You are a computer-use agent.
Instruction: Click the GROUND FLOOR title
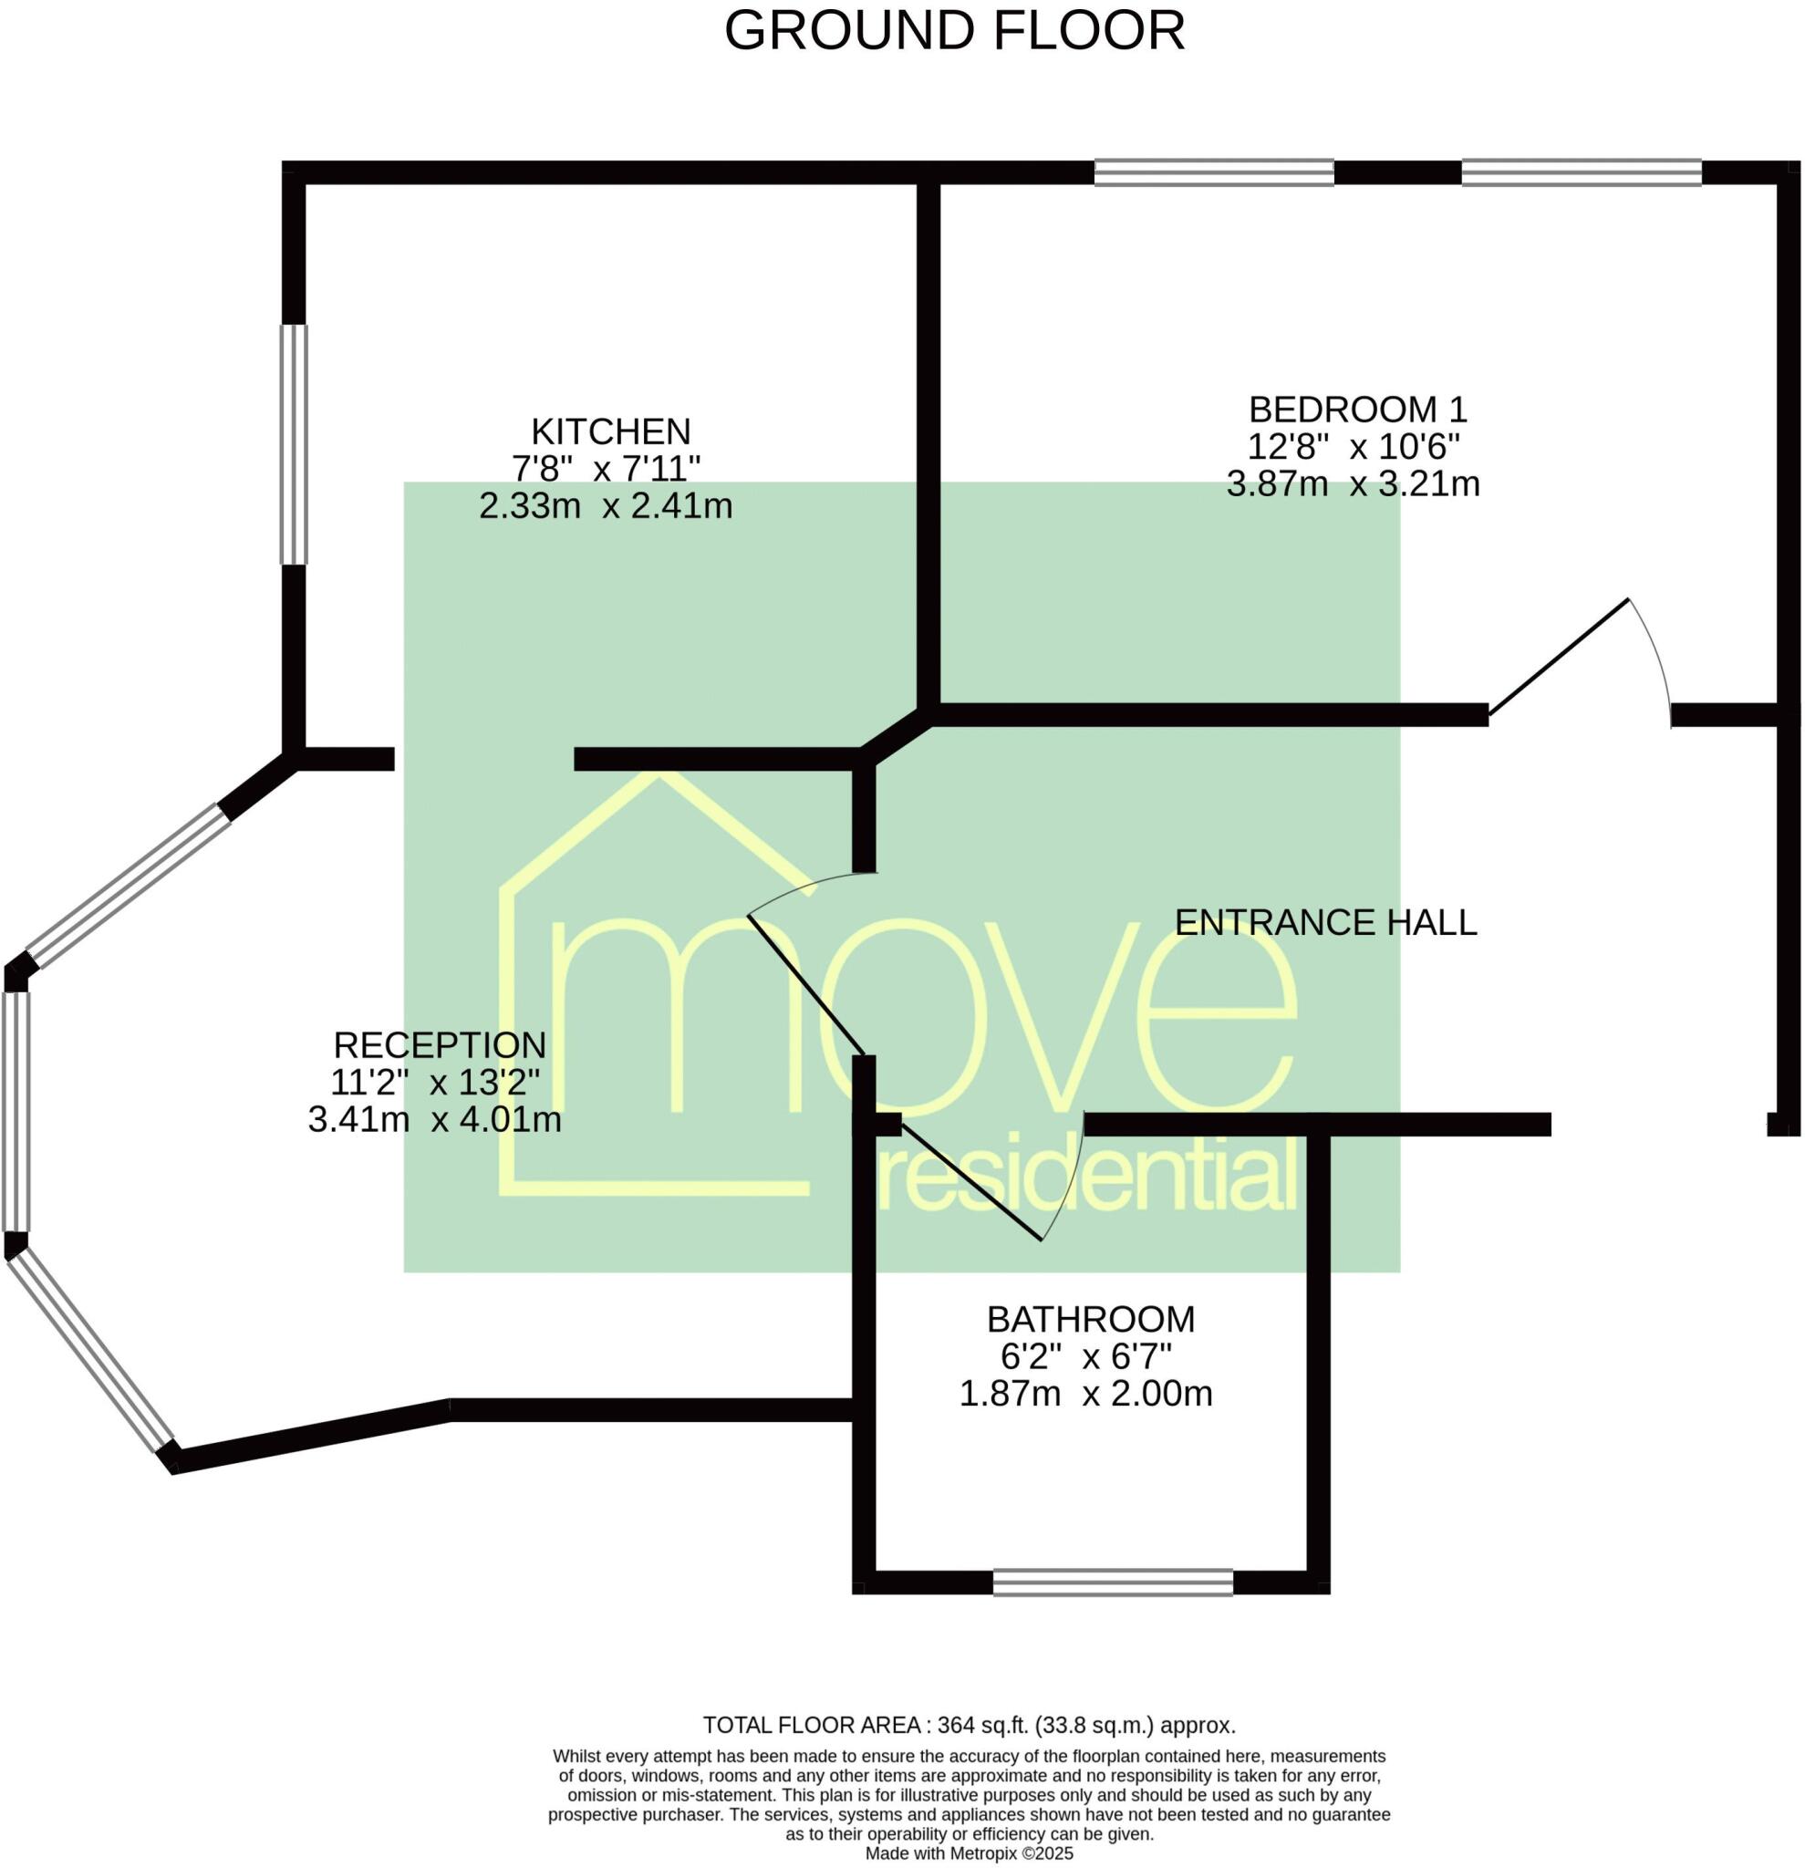pyautogui.click(x=954, y=30)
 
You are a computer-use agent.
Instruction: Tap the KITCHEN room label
pyautogui.click(x=610, y=431)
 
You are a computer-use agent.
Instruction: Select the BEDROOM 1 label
pyautogui.click(x=1357, y=409)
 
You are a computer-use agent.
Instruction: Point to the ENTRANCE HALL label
pyautogui.click(x=1324, y=922)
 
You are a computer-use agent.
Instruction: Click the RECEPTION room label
pyautogui.click(x=440, y=1045)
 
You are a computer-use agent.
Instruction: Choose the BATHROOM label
pyautogui.click(x=1090, y=1319)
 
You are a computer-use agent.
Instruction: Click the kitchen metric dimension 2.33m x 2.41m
pyautogui.click(x=605, y=505)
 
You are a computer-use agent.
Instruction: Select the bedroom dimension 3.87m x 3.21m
pyautogui.click(x=1353, y=484)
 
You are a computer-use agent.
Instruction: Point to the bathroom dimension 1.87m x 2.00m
pyautogui.click(x=1084, y=1394)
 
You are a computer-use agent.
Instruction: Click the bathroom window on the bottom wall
pyautogui.click(x=1112, y=1583)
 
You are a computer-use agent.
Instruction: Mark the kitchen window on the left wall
pyautogui.click(x=294, y=444)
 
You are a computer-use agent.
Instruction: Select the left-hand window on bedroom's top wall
pyautogui.click(x=1213, y=172)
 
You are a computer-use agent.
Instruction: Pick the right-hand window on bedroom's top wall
pyautogui.click(x=1581, y=172)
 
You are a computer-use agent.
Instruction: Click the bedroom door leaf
pyautogui.click(x=1558, y=657)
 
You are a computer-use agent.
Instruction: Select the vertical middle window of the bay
pyautogui.click(x=16, y=1112)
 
